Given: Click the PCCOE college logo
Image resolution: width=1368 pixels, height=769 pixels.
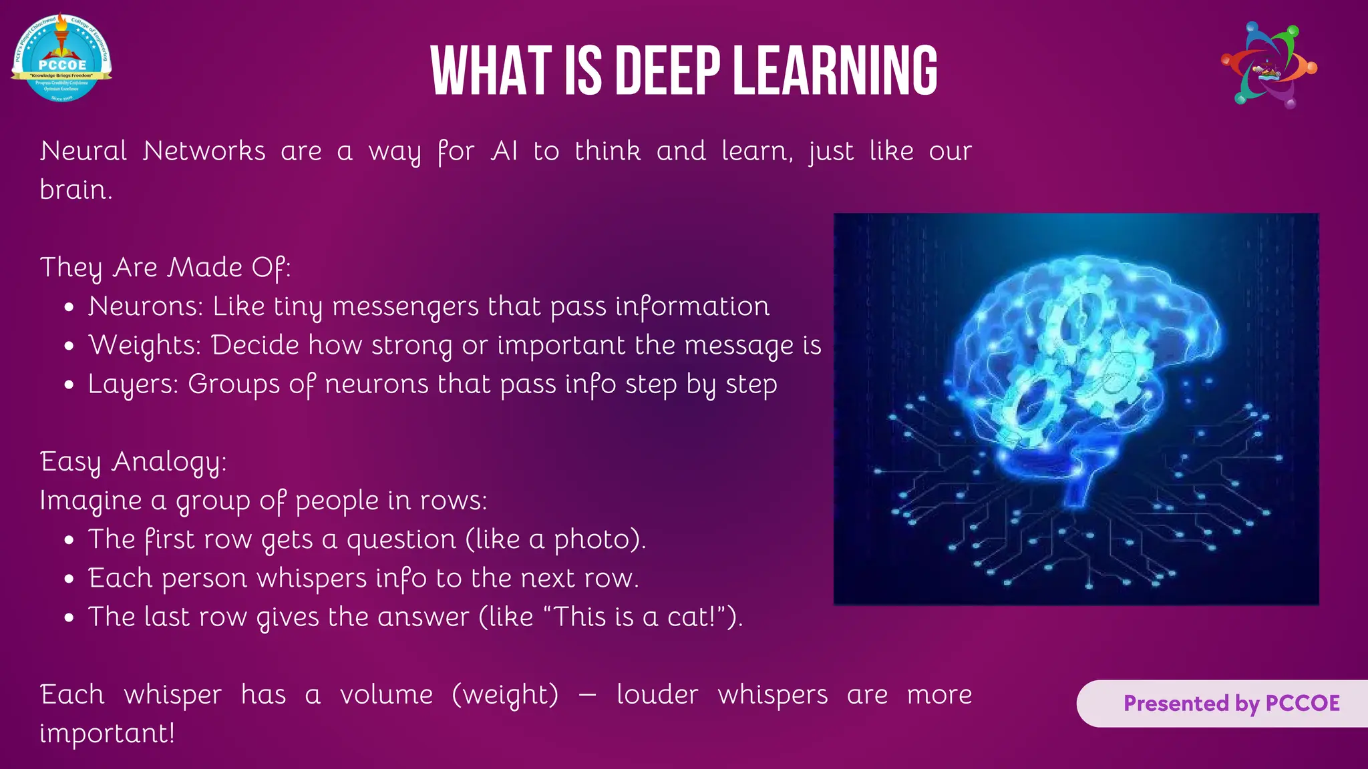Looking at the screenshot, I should coord(61,58).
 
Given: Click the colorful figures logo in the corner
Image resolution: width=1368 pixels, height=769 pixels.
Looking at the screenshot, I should coord(1268,65).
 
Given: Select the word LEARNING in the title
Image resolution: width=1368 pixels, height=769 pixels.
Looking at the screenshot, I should coord(835,71).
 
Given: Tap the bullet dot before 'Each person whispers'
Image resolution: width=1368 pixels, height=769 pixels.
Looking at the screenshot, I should coord(69,579).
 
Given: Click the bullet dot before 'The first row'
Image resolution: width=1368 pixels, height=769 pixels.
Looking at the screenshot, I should coord(69,541).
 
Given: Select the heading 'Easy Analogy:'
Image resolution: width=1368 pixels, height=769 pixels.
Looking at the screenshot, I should coord(133,462).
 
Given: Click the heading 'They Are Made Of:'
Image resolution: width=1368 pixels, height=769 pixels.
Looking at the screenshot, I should coord(165,268).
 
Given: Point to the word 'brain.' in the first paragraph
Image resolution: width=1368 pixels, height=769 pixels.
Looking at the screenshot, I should coord(75,190).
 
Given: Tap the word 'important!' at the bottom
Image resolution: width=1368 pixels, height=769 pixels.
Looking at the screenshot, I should coord(107,734).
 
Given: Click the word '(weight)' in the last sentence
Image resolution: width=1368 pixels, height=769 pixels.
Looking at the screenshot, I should coord(505,695).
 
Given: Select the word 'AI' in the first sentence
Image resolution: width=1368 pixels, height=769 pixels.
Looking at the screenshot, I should coord(504,151).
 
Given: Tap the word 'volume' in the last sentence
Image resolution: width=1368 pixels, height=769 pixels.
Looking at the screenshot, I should coord(386,695).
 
